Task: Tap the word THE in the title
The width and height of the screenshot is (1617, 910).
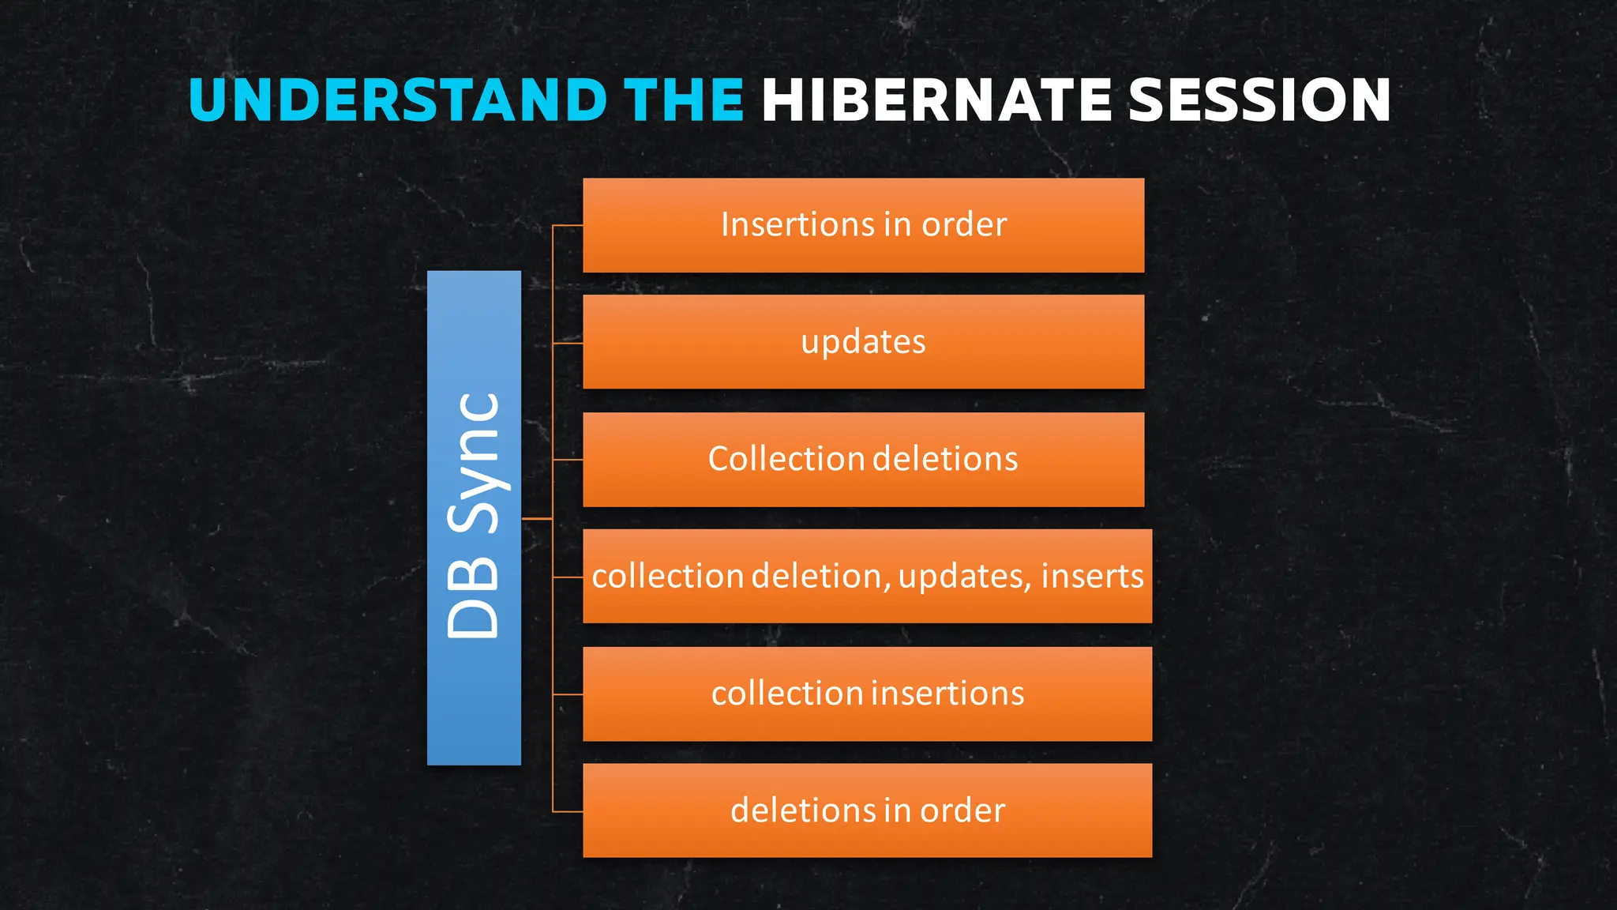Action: (x=684, y=100)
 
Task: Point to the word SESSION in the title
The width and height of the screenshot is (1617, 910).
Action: (x=1259, y=100)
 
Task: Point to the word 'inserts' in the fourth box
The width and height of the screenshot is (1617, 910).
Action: (x=1092, y=576)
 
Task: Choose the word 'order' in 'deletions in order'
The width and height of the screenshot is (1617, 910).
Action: (x=962, y=810)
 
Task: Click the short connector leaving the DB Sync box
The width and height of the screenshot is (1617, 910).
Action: (x=537, y=519)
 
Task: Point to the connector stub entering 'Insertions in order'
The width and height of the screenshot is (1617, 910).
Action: (x=568, y=226)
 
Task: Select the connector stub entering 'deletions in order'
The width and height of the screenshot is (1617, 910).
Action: (x=568, y=811)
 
